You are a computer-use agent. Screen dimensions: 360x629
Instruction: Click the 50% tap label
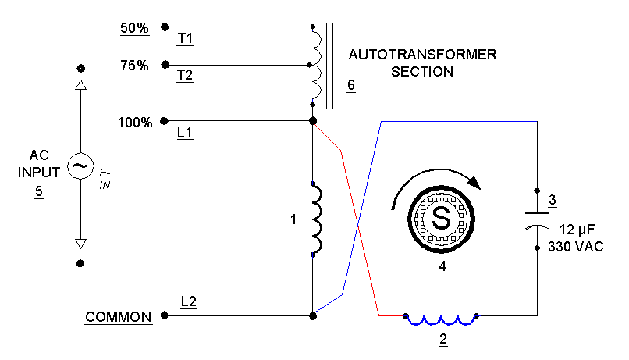tap(133, 27)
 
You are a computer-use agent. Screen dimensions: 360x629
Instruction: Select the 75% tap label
tap(134, 66)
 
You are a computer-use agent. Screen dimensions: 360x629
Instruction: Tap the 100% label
tap(134, 123)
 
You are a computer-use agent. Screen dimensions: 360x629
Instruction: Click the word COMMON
tap(118, 317)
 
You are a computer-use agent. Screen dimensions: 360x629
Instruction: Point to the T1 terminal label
tap(186, 38)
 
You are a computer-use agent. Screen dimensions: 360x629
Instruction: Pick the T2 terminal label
tap(186, 76)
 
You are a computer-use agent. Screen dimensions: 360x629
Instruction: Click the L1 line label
tap(186, 134)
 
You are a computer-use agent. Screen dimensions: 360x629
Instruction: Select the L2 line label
tap(189, 301)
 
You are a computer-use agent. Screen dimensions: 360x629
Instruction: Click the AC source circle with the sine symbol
tap(80, 166)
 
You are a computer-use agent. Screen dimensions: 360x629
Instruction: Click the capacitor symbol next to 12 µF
tap(537, 219)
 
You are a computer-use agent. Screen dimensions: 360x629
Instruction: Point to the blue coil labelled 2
tap(441, 319)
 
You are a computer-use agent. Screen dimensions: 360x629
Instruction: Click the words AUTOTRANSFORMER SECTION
tap(422, 63)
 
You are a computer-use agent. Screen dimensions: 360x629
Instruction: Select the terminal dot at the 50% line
tap(164, 27)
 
